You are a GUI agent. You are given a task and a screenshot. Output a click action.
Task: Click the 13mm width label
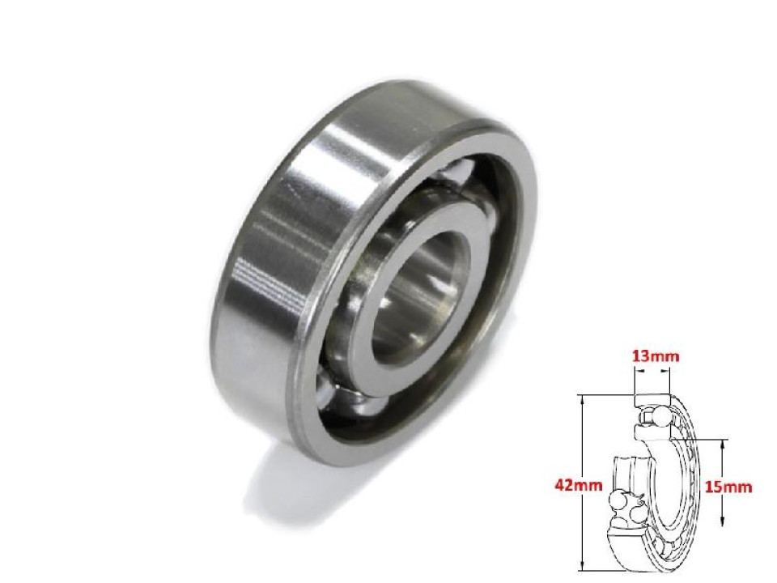click(652, 355)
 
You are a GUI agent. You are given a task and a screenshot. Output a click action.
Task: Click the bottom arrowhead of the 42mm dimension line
click(581, 568)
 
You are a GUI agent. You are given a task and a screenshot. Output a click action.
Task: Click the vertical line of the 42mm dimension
click(581, 453)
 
